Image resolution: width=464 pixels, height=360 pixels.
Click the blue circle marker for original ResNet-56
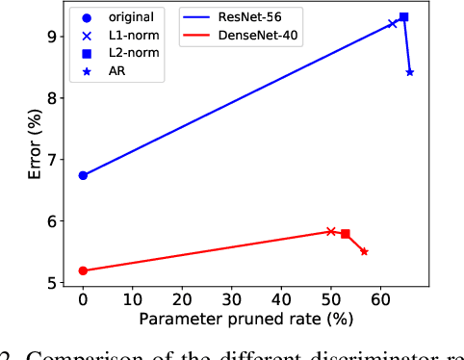(83, 175)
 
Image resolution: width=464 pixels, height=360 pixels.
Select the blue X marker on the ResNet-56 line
(392, 23)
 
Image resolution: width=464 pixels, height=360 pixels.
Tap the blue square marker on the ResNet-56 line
(403, 16)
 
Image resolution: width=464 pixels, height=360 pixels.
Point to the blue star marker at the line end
(410, 72)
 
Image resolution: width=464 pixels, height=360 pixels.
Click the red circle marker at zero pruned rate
(83, 270)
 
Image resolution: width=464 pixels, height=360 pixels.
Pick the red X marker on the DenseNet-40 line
(331, 231)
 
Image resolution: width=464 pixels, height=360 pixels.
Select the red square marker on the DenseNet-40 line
(346, 234)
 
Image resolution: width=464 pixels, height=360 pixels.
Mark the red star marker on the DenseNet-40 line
(364, 251)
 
